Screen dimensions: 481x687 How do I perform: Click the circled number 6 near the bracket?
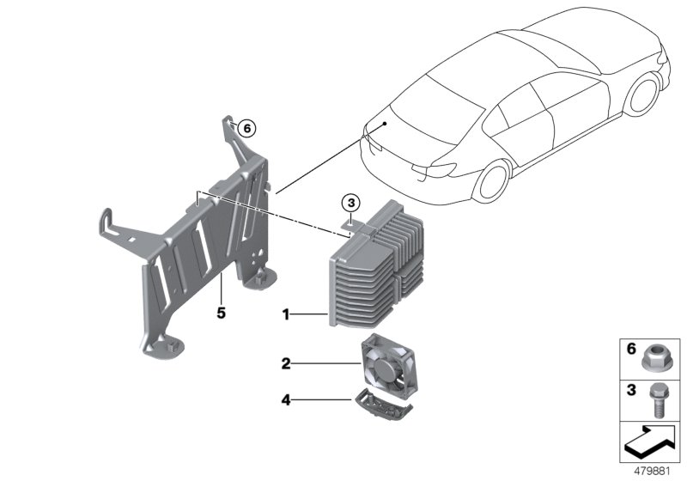pos(246,127)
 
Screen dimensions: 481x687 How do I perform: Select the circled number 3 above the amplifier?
pos(350,204)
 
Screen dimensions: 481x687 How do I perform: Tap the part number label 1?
pos(286,316)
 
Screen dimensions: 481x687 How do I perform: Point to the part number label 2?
pos(286,363)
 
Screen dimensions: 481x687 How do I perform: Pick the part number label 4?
pos(286,398)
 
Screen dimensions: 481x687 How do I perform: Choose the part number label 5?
pos(221,314)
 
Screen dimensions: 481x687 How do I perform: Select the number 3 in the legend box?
pos(629,391)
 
